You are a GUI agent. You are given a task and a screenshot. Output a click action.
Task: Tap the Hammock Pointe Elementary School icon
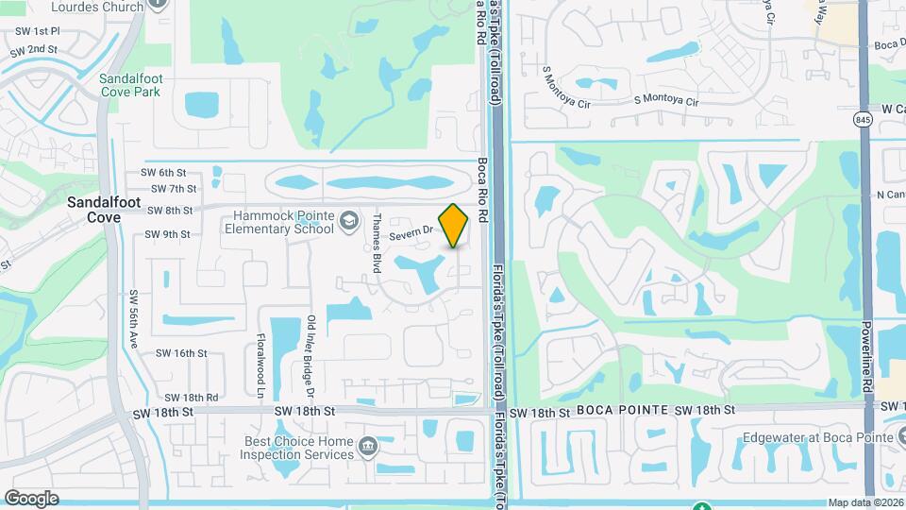click(x=349, y=220)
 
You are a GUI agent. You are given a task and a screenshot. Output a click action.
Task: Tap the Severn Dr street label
click(x=414, y=229)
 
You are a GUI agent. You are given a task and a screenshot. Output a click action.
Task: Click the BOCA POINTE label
click(x=615, y=410)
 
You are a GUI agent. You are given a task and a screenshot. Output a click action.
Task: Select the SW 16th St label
click(x=180, y=353)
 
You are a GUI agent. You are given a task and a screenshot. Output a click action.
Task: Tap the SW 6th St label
click(x=163, y=173)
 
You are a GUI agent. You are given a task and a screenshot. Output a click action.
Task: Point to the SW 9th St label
click(x=167, y=234)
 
